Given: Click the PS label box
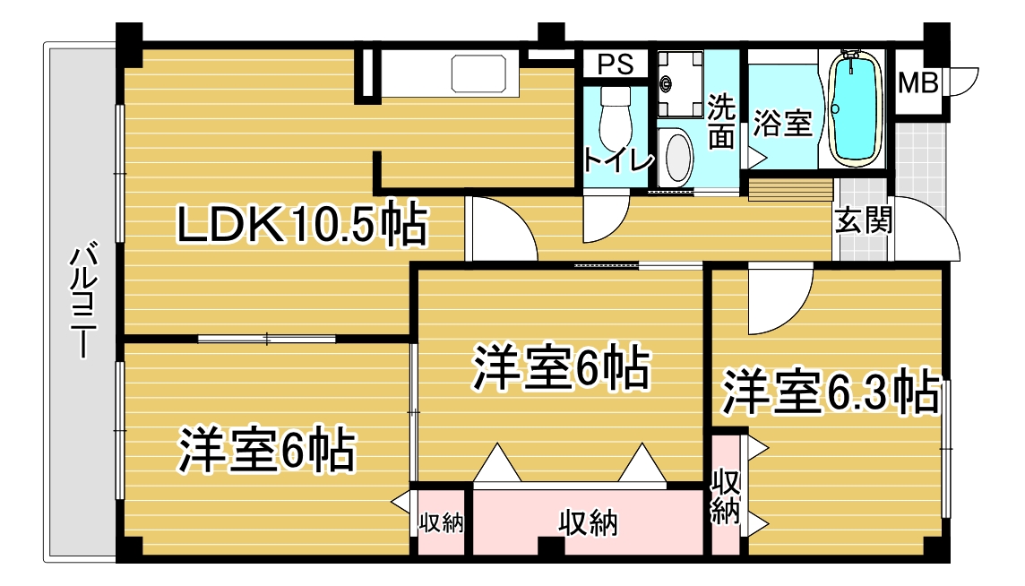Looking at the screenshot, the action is (x=616, y=65).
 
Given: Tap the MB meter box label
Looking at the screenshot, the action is (x=917, y=83).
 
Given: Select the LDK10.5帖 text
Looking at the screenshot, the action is (x=302, y=224).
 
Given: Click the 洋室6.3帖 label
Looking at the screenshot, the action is (x=831, y=393).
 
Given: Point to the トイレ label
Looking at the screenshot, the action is (x=617, y=159).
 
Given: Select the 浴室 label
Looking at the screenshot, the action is (x=782, y=123).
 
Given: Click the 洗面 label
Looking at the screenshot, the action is (x=721, y=121).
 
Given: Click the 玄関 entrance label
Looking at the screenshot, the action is (x=864, y=220).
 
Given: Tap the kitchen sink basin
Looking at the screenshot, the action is (x=478, y=73).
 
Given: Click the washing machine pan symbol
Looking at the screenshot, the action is (x=681, y=83).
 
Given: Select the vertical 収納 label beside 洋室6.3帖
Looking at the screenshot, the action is (x=726, y=496).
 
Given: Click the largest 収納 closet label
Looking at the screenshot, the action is (x=589, y=522).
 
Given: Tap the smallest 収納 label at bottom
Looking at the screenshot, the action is (x=441, y=522).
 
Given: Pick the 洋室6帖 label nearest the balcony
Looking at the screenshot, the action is (x=267, y=450).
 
